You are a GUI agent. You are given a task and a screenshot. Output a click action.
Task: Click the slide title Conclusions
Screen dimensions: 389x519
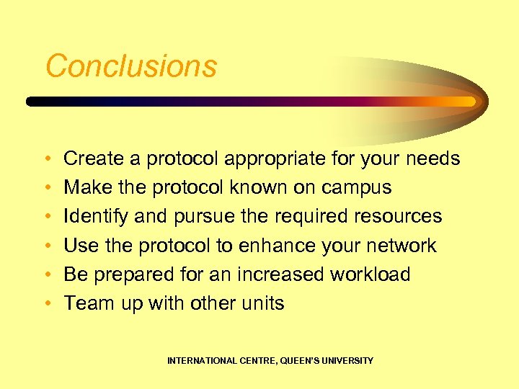click(x=131, y=66)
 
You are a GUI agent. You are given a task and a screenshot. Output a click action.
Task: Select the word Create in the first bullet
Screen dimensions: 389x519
click(x=92, y=158)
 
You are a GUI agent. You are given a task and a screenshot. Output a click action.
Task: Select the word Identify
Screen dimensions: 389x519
click(x=94, y=217)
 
